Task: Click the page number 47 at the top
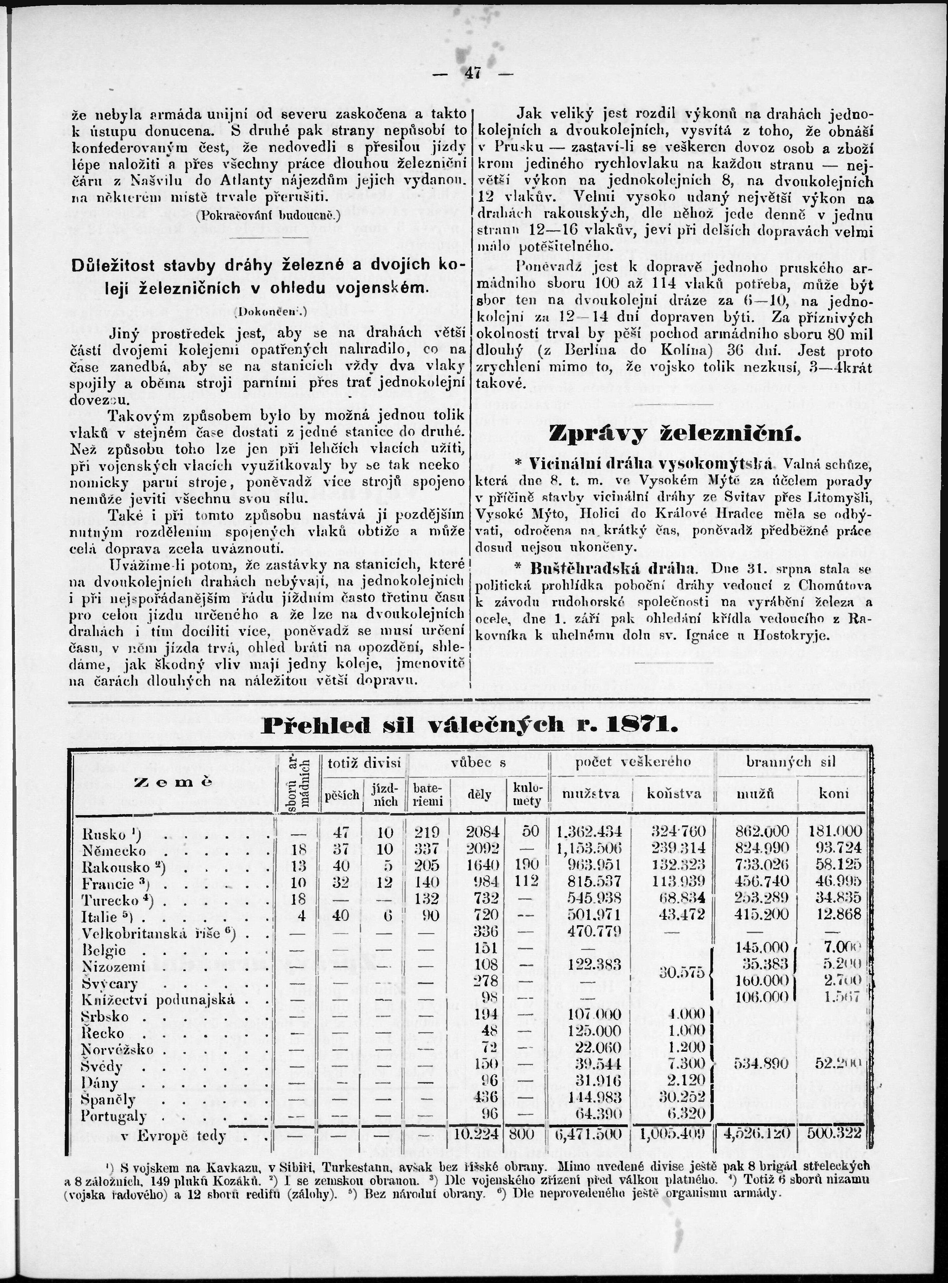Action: coord(474,74)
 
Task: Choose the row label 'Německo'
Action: coord(114,850)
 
